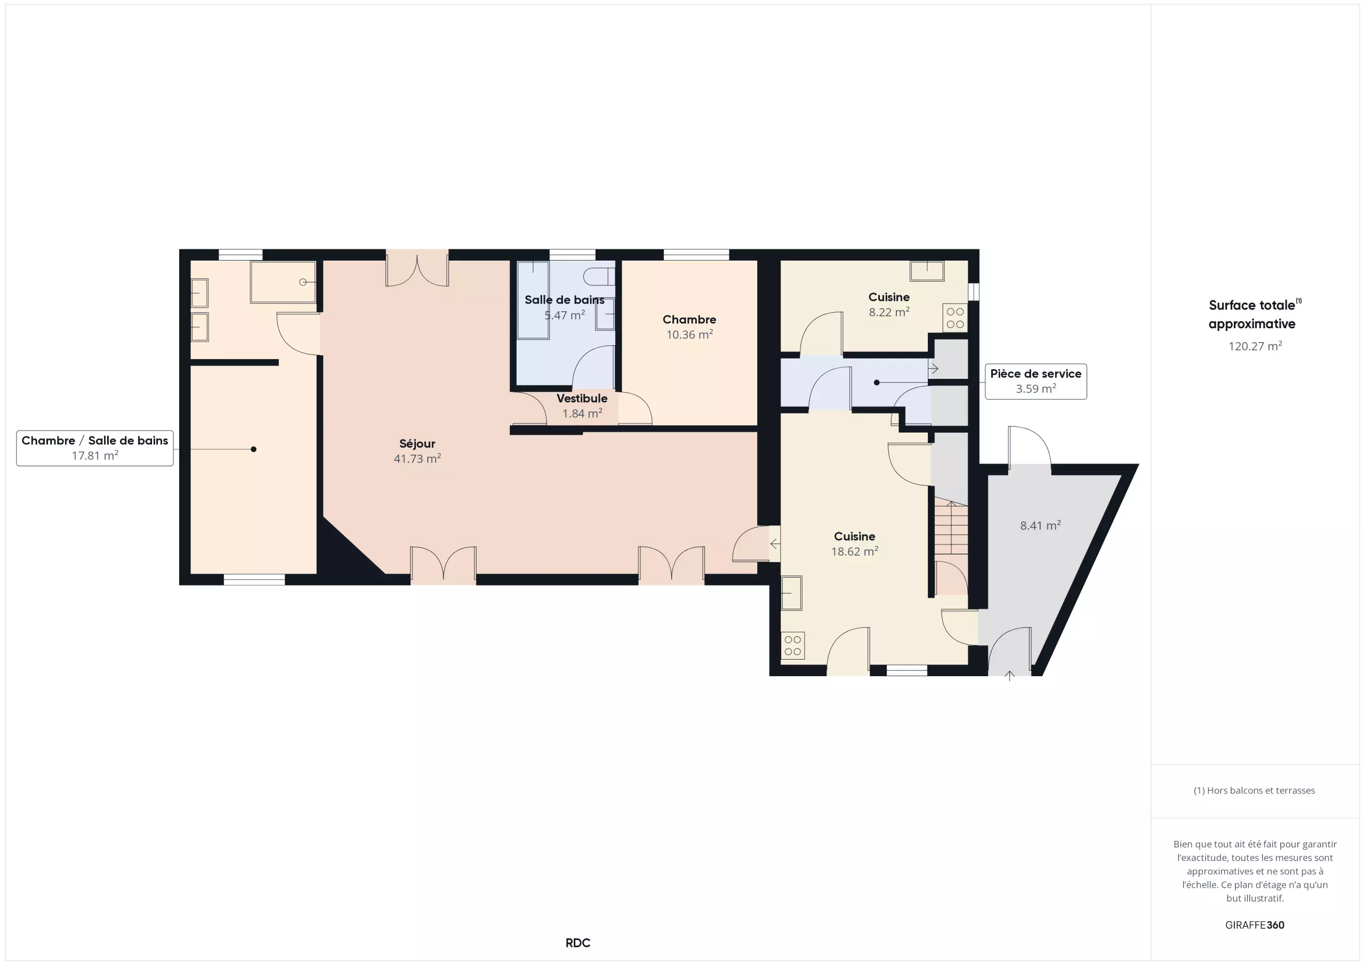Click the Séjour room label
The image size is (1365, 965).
point(417,443)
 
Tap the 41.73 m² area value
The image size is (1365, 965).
point(417,458)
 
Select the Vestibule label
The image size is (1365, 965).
point(582,398)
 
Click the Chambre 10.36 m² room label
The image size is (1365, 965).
point(689,320)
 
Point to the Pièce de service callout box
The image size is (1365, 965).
point(1035,381)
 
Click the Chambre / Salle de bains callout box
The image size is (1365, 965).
point(95,448)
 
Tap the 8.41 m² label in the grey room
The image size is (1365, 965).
point(1040,525)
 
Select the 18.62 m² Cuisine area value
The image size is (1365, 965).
point(854,552)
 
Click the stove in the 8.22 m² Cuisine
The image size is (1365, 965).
point(955,318)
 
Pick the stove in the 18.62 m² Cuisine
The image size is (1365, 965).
point(792,646)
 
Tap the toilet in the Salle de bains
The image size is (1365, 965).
point(599,277)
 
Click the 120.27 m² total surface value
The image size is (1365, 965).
point(1255,346)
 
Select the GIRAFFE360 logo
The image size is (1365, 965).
point(1255,925)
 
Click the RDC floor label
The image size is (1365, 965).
point(578,943)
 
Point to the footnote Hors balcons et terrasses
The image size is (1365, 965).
point(1255,790)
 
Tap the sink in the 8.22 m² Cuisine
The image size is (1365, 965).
point(927,271)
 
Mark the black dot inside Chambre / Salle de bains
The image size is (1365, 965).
point(253,449)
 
